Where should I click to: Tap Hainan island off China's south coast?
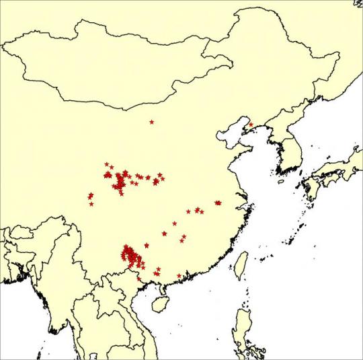159,304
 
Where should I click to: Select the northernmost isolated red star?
152,122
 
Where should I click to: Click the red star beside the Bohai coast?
251,124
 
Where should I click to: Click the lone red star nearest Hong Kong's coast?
179,276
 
